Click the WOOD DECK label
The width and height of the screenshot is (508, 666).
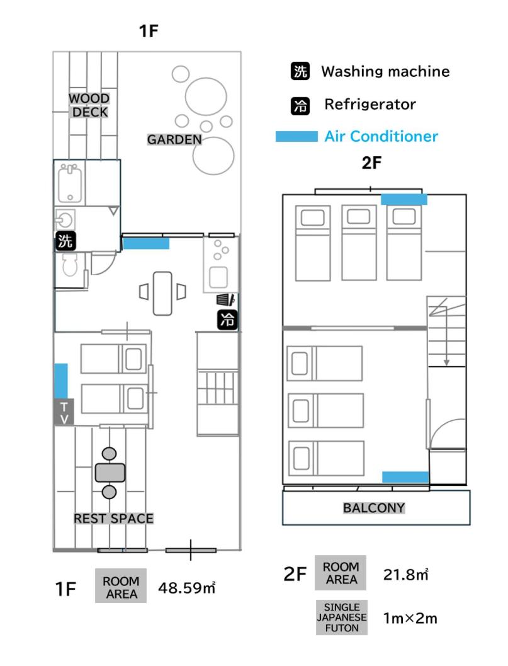pyautogui.click(x=89, y=105)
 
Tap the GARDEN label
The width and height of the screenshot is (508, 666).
pyautogui.click(x=174, y=139)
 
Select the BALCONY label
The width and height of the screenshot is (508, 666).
pyautogui.click(x=374, y=508)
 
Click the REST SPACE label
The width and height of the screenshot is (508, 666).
pyautogui.click(x=114, y=519)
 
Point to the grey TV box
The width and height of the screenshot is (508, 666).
pyautogui.click(x=64, y=412)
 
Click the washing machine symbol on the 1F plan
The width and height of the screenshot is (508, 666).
pyautogui.click(x=65, y=241)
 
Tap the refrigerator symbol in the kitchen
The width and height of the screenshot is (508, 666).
pyautogui.click(x=227, y=319)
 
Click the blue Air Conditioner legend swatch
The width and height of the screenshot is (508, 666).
pyautogui.click(x=296, y=136)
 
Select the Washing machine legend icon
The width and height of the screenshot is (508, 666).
pyautogui.click(x=300, y=71)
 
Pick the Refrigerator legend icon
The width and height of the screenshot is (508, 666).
pyautogui.click(x=300, y=105)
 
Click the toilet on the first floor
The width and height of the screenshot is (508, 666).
pyautogui.click(x=70, y=265)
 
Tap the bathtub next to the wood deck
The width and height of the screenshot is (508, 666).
pyautogui.click(x=70, y=183)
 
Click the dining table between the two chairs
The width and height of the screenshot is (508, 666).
pyautogui.click(x=162, y=294)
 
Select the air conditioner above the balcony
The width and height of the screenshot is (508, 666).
pyautogui.click(x=405, y=477)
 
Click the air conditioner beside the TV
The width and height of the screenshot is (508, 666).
pyautogui.click(x=61, y=381)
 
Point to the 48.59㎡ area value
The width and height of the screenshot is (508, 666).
pyautogui.click(x=187, y=588)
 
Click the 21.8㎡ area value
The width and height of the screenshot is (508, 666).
pyautogui.click(x=406, y=574)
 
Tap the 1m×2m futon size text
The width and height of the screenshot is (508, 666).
pyautogui.click(x=410, y=618)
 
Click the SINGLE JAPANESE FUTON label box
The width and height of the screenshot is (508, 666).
pyautogui.click(x=342, y=617)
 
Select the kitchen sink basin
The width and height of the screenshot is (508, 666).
pyautogui.click(x=218, y=277)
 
